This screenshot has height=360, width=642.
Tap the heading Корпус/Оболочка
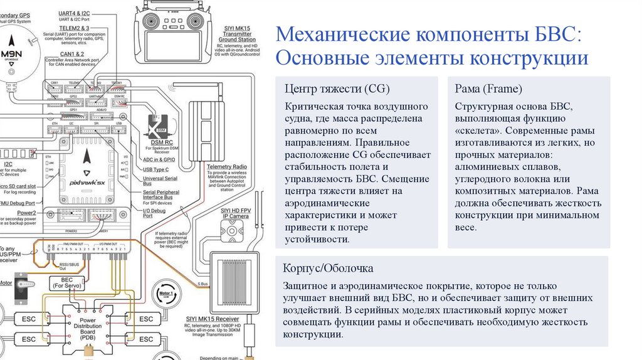tap(329, 268)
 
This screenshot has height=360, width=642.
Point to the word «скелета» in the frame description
tap(477, 132)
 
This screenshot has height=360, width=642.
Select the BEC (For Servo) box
tap(68, 282)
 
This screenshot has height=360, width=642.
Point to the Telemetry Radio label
tap(227, 167)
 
